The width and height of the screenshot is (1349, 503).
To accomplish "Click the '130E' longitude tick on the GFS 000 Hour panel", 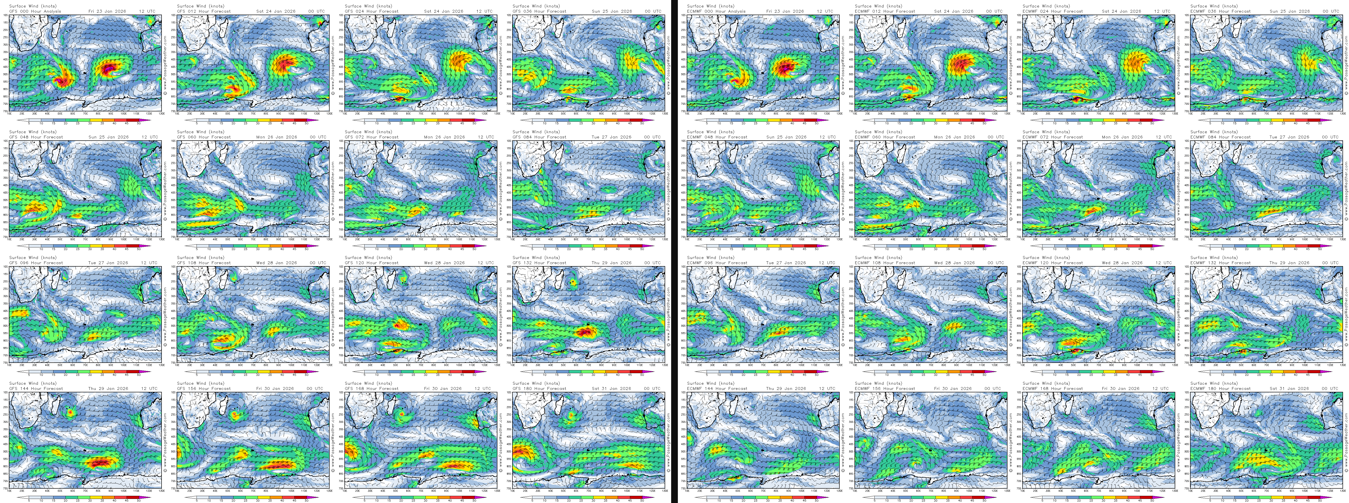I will coord(161,113).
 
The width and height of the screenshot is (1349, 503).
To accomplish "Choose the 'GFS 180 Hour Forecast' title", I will coord(539,388).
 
